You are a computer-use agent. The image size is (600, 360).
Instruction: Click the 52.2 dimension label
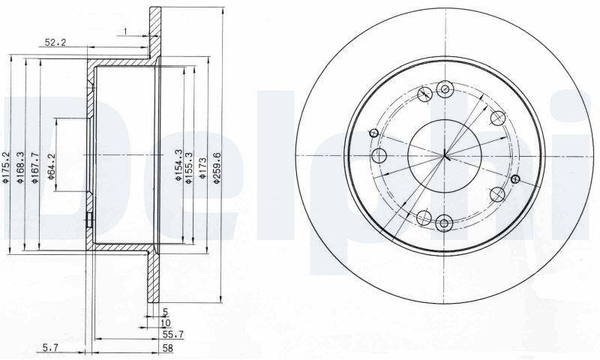tap(55, 43)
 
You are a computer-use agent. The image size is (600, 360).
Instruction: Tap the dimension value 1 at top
tap(124, 31)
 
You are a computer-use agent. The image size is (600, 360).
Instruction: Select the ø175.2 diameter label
tap(5, 166)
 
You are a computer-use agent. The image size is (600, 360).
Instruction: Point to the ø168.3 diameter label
tap(20, 167)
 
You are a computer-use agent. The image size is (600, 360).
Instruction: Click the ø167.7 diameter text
tap(34, 167)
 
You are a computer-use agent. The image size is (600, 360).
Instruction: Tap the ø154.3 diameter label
tap(178, 165)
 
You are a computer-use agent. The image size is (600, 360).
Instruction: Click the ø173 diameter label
tap(202, 168)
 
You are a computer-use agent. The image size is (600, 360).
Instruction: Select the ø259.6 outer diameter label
tap(217, 168)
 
